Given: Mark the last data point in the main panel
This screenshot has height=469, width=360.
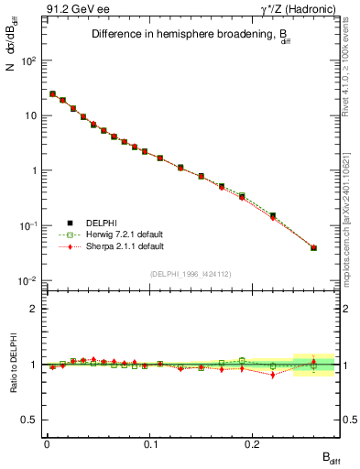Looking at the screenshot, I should [314, 247].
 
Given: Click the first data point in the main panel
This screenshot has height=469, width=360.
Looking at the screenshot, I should [52, 93].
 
